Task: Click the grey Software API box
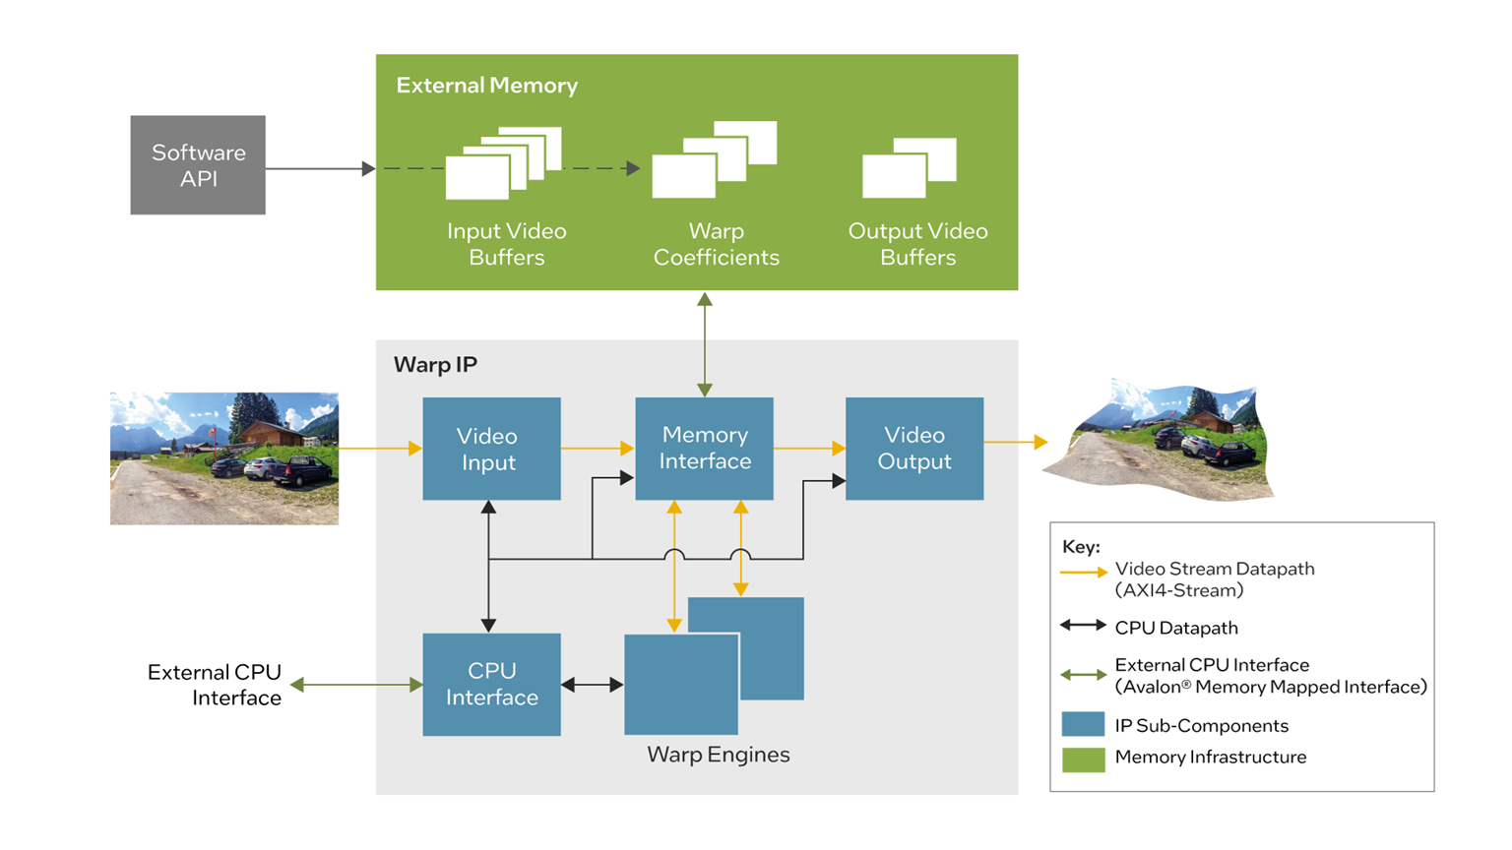pos(198,165)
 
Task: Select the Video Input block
pos(491,449)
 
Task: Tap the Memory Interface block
pos(704,449)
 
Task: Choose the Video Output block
pos(914,449)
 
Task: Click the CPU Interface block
pos(491,684)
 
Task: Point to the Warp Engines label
pos(718,755)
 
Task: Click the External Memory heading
pos(486,86)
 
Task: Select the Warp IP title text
pos(435,365)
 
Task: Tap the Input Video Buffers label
pos(506,244)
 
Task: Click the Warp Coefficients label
pos(716,244)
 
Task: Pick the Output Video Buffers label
pos(917,244)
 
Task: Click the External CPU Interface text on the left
pos(215,685)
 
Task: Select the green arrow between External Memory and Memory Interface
pos(705,343)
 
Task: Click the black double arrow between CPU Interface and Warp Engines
pos(592,685)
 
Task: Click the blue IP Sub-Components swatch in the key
pos(1083,725)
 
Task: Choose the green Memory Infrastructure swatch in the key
pos(1083,758)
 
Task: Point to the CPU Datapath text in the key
pos(1175,628)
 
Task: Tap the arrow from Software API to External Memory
pos(320,169)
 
